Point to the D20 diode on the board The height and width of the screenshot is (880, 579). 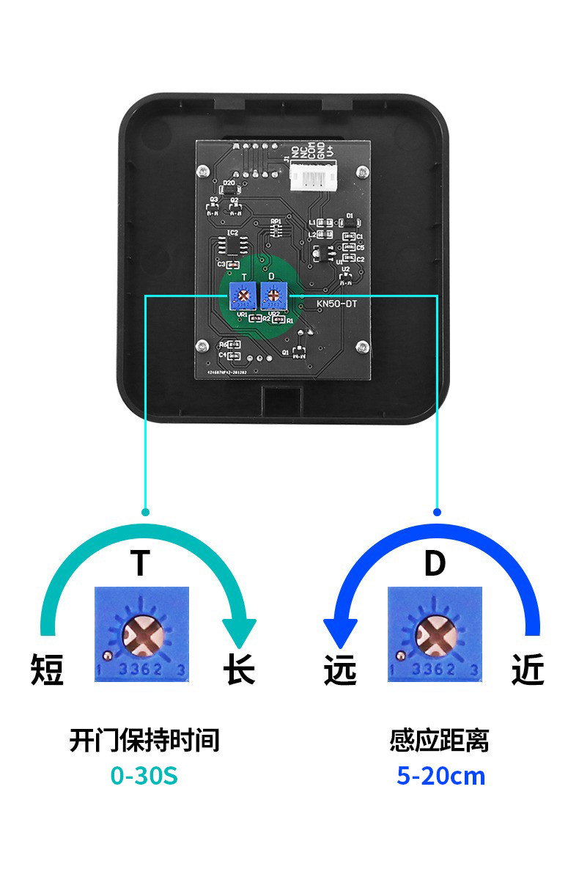[x=229, y=192]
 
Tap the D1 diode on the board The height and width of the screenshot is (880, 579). [x=350, y=222]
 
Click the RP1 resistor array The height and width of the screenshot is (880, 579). [x=276, y=229]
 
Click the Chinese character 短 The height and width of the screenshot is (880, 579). [x=48, y=670]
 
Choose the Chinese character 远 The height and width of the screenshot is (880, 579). [x=340, y=670]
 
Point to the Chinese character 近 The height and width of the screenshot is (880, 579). [x=528, y=670]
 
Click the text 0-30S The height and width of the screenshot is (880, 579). [x=144, y=775]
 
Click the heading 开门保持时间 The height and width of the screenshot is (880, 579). [x=144, y=741]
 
